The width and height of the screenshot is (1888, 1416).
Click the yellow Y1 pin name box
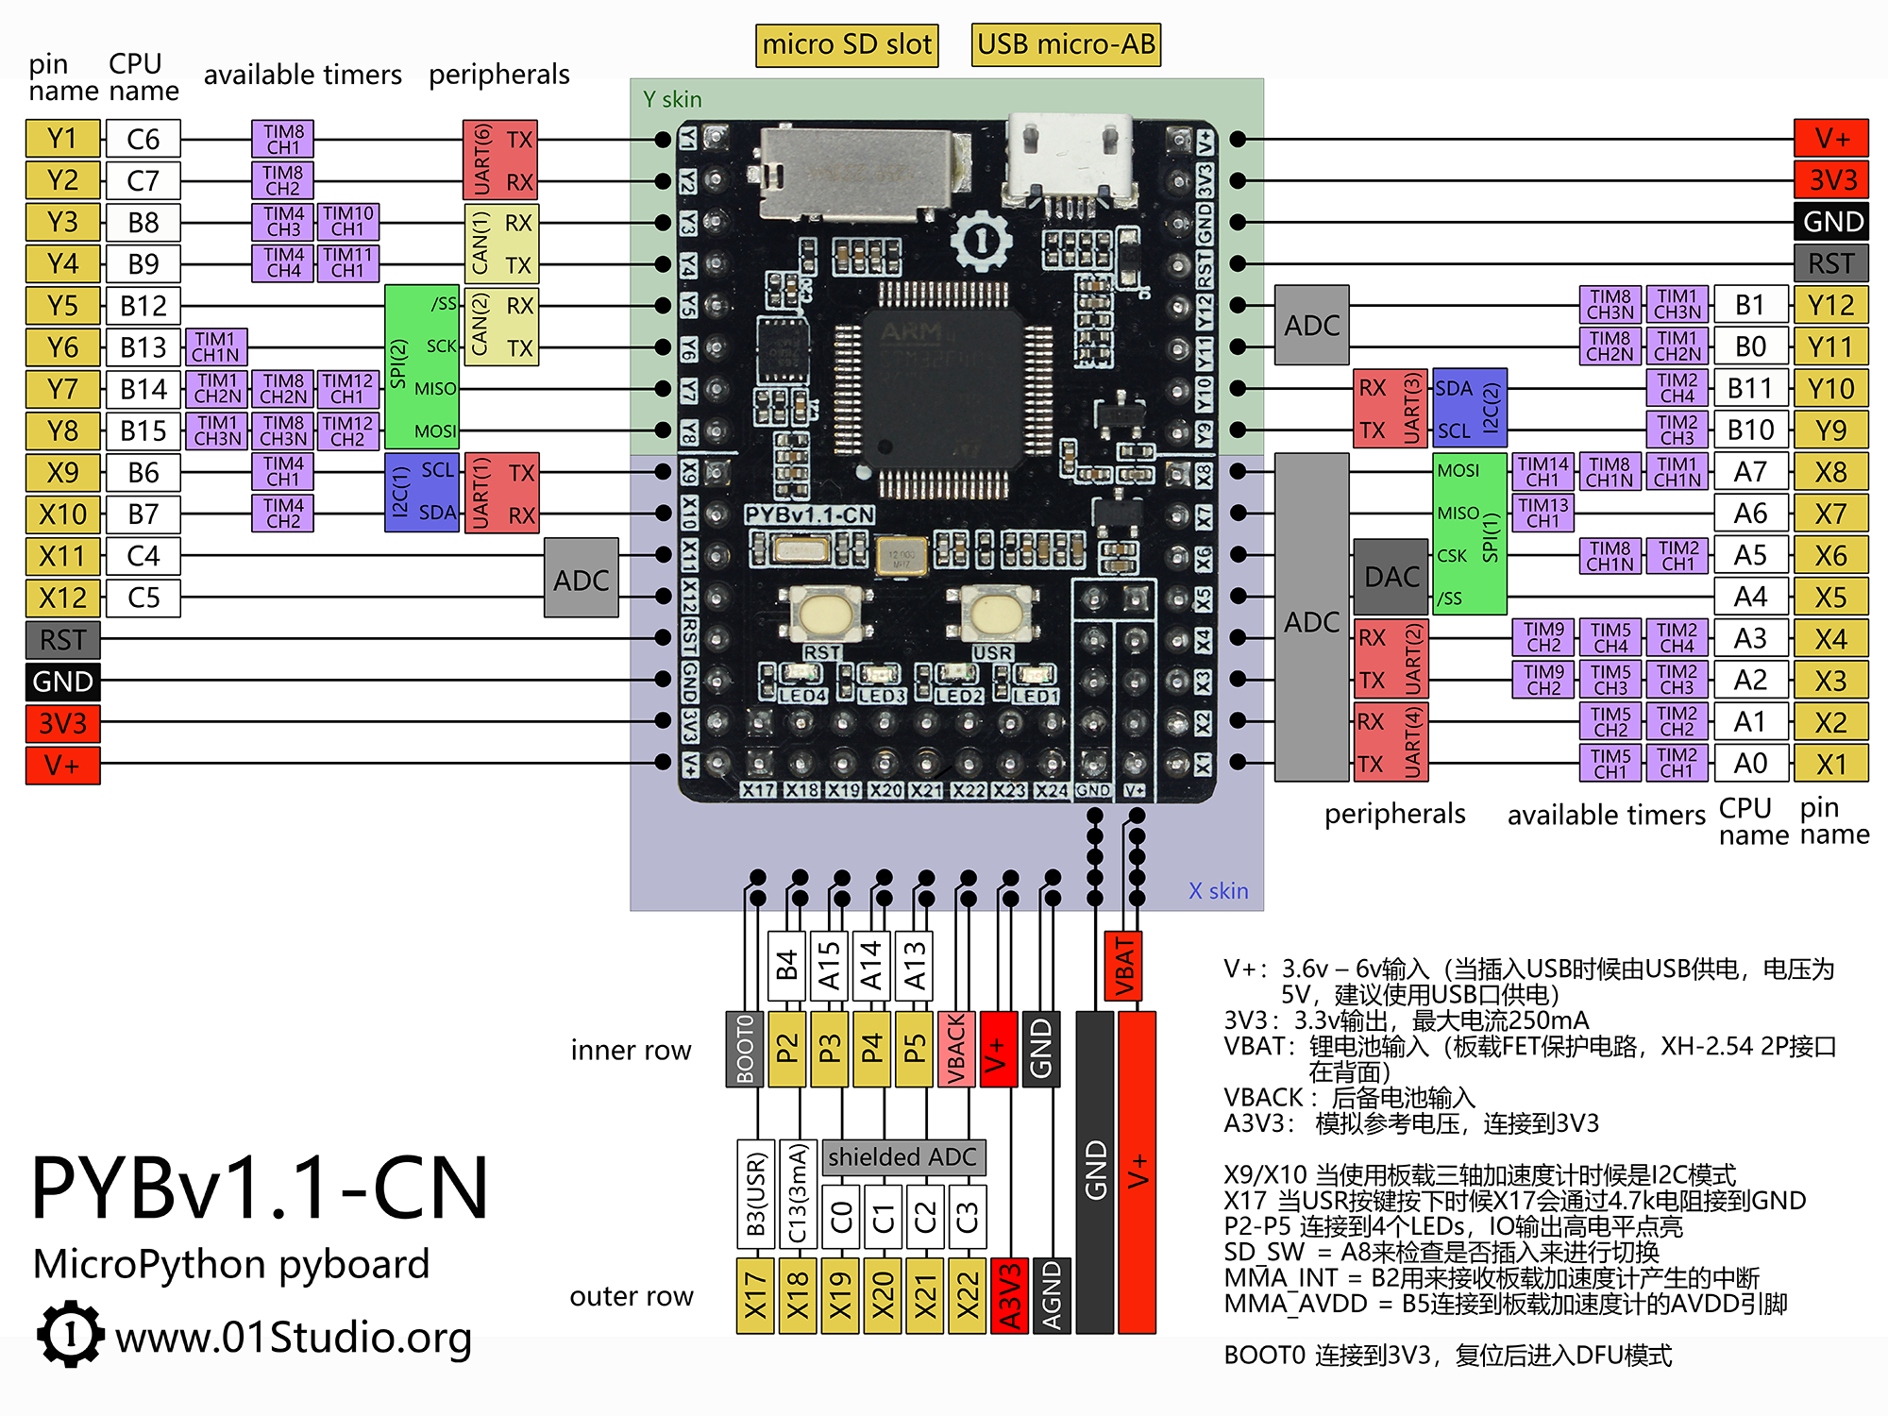coord(62,139)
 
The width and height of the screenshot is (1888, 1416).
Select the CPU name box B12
coord(143,306)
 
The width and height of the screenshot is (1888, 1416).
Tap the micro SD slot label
coord(847,44)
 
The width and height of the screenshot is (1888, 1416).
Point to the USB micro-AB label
coord(1066,44)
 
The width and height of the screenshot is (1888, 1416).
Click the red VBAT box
coord(1123,966)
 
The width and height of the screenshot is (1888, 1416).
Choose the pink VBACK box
coord(956,1049)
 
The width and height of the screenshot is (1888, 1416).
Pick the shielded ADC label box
coord(902,1157)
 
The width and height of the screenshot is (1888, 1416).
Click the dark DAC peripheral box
coord(1391,577)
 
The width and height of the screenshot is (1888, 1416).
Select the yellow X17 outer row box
coord(755,1295)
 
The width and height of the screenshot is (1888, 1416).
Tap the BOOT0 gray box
coord(745,1049)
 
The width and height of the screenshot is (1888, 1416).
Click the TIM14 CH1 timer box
coord(1543,472)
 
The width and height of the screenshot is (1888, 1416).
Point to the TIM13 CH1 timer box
coord(1543,514)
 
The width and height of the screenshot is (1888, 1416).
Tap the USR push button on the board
coord(994,615)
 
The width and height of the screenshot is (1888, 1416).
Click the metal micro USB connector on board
coord(1070,160)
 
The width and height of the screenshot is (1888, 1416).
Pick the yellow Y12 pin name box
coord(1830,306)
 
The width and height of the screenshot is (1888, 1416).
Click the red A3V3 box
coord(1009,1295)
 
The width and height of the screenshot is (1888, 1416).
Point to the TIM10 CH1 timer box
coord(348,222)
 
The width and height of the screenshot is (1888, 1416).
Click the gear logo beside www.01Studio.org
coord(70,1334)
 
